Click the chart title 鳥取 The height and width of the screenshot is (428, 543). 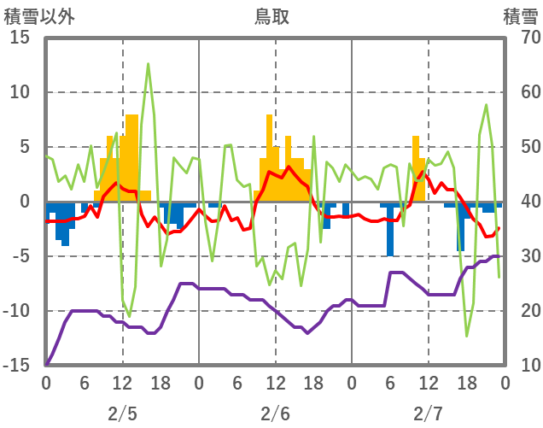point(271,16)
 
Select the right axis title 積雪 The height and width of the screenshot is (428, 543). point(520,16)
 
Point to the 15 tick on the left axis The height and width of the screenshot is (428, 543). point(20,38)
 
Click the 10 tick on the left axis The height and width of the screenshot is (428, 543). point(20,92)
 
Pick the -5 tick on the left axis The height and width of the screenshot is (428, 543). point(20,256)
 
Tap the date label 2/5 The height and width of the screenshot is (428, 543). point(122,414)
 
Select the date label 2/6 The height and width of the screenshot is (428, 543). point(275,414)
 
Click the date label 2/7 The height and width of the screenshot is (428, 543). point(428,414)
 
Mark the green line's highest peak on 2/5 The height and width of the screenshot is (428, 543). point(148,64)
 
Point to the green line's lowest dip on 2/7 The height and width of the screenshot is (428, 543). point(466,336)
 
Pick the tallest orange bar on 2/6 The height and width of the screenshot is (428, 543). point(269,158)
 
